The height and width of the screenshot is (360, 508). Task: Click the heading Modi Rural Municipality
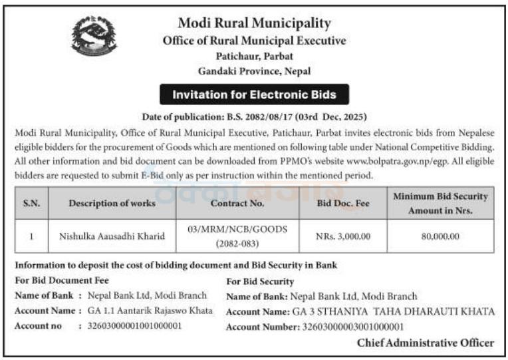(254, 23)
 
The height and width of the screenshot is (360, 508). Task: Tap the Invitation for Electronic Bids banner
(254, 94)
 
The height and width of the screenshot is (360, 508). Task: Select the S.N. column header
(31, 203)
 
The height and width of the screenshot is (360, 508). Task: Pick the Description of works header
(112, 203)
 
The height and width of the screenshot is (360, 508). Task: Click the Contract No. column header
(237, 203)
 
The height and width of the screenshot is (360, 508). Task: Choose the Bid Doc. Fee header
(343, 203)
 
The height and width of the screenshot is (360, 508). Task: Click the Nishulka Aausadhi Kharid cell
(112, 236)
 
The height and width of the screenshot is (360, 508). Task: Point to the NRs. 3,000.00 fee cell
(343, 236)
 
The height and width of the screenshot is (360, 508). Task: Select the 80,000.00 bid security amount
(440, 236)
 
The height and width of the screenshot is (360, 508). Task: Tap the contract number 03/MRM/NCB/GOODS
(237, 230)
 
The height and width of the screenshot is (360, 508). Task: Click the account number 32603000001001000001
(134, 326)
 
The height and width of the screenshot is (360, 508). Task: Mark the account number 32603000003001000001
(353, 327)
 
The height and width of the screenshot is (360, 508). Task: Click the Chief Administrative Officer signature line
(426, 343)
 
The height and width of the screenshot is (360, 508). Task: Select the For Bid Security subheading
(260, 281)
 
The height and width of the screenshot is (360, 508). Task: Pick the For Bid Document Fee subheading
(62, 280)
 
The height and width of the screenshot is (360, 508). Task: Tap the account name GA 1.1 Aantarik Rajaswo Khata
(150, 311)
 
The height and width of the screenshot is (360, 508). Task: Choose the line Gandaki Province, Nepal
(254, 71)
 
